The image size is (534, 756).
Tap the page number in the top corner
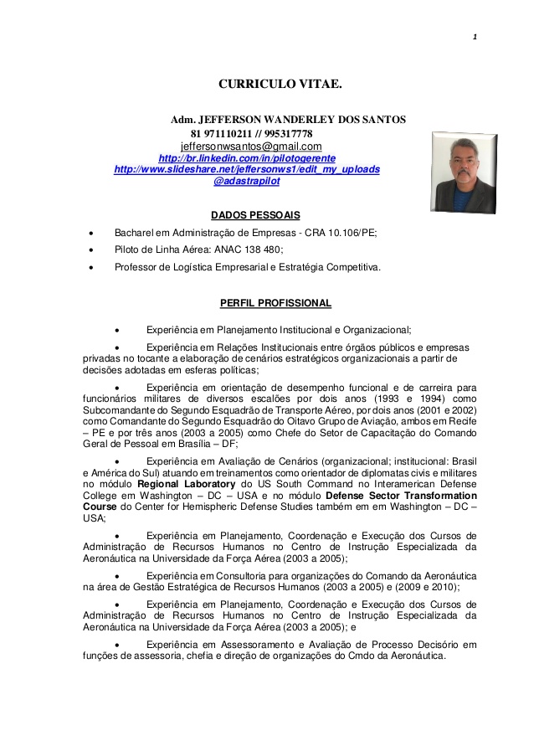(x=474, y=36)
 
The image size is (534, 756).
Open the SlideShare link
(x=246, y=169)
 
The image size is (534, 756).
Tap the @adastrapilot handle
(x=247, y=181)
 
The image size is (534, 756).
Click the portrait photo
(x=464, y=172)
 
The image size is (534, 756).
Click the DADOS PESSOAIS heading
(x=255, y=215)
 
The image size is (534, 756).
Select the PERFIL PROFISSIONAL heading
(x=275, y=303)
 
